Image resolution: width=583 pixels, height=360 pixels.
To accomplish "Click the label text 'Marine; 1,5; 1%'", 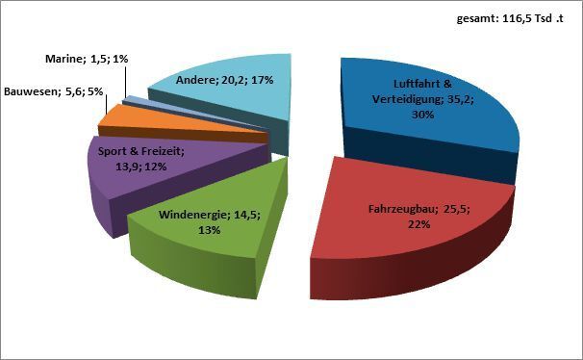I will (87, 60).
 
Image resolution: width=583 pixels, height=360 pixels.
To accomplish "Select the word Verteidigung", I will (403, 98).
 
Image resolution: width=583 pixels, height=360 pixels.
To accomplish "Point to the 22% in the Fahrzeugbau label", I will (416, 224).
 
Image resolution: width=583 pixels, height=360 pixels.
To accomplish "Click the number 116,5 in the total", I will (520, 18).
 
